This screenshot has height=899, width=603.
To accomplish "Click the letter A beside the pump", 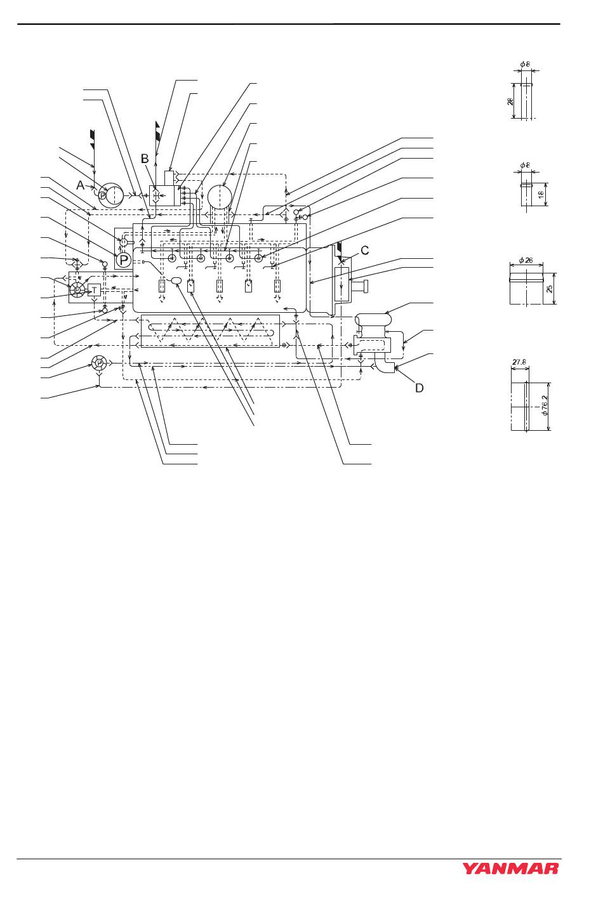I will click(x=81, y=185).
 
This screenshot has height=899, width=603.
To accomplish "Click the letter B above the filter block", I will click(x=145, y=158).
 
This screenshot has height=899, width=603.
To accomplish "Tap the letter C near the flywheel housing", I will click(x=365, y=251).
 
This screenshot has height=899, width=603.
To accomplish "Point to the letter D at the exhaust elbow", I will click(x=419, y=387).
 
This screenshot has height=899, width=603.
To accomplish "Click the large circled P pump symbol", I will click(x=123, y=259).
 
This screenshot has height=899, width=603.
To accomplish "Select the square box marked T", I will click(x=95, y=290).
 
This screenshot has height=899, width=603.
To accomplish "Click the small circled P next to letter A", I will click(x=103, y=195).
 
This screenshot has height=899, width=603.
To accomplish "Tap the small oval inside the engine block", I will click(x=177, y=281).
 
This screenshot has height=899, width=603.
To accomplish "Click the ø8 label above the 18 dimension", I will click(x=526, y=166).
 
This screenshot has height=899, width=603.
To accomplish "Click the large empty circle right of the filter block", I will click(x=220, y=197).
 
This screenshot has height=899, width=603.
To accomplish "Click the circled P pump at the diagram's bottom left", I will click(x=99, y=364).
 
